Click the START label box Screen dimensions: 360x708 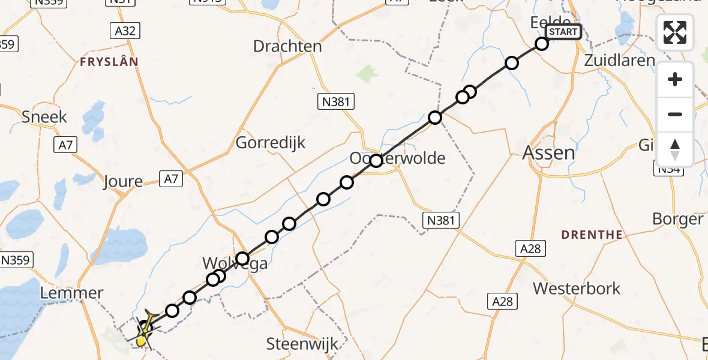tap(563, 32)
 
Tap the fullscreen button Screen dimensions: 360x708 tap(675, 32)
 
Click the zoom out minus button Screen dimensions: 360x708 tap(675, 114)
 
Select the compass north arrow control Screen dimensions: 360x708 tap(675, 149)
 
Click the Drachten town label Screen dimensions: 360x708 tap(287, 46)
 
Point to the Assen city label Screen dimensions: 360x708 tap(549, 152)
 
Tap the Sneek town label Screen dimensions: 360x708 tap(44, 116)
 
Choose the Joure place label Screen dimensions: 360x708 tap(122, 181)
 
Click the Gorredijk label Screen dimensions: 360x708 tap(271, 143)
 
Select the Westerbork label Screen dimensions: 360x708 tap(577, 289)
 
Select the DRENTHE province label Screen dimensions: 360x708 tap(592, 235)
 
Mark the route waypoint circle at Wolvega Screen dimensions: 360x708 tap(242, 259)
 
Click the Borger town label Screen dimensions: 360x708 tap(677, 219)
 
